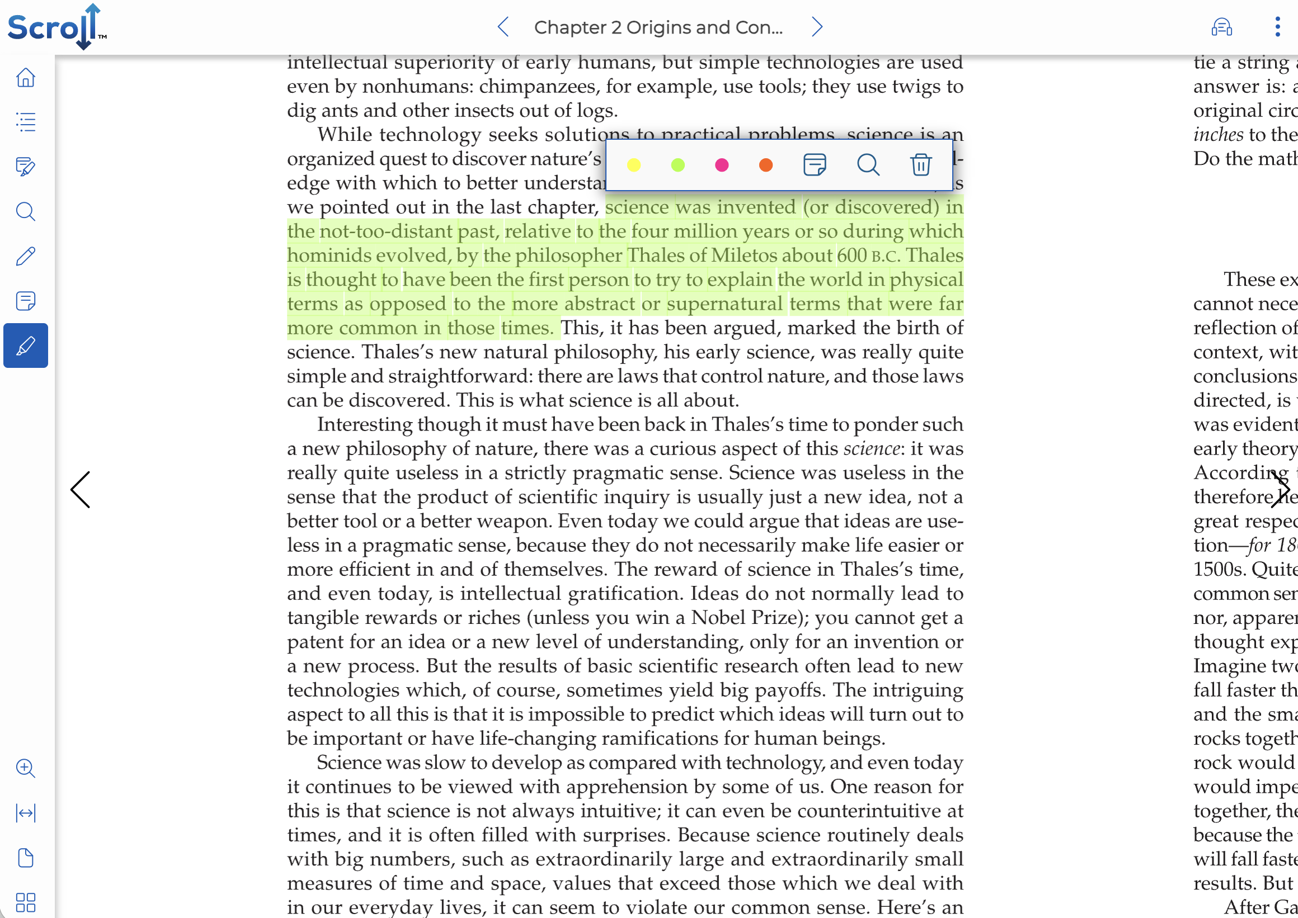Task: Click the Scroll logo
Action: click(x=57, y=27)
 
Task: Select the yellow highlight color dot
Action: click(x=634, y=165)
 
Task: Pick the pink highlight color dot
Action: click(x=722, y=165)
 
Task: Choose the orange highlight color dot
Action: click(x=766, y=165)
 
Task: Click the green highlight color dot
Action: click(x=678, y=165)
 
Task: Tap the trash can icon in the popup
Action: click(x=921, y=164)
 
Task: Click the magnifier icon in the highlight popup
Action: click(x=868, y=165)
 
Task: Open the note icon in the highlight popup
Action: click(x=815, y=164)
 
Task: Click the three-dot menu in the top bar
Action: click(x=1278, y=27)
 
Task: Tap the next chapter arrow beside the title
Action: click(x=817, y=27)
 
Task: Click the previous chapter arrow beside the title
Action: click(x=504, y=27)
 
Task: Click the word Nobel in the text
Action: click(x=717, y=618)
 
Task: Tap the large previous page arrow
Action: click(x=81, y=490)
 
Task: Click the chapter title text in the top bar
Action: click(x=659, y=27)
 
